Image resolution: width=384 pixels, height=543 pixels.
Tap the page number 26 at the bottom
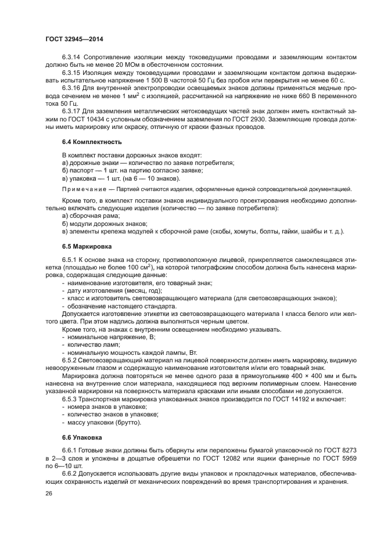[48, 493]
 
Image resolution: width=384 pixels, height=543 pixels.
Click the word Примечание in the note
[82, 189]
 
